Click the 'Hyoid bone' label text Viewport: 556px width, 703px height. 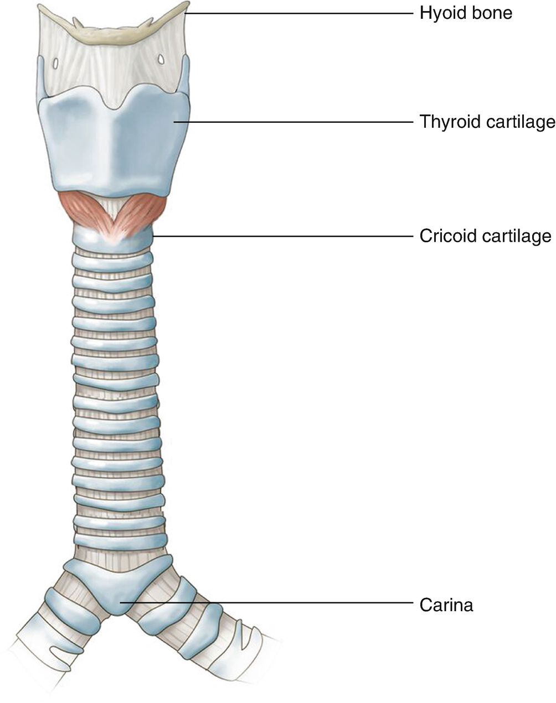click(466, 12)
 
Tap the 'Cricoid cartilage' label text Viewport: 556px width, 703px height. click(485, 236)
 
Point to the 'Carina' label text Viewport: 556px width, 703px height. click(446, 605)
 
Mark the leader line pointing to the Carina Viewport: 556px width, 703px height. click(266, 602)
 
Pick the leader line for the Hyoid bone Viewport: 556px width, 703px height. click(299, 12)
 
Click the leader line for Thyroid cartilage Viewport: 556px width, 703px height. click(294, 121)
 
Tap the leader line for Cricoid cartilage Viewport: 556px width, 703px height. click(282, 236)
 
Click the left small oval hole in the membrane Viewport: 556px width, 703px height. click(56, 63)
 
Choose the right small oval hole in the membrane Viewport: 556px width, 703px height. click(161, 58)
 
